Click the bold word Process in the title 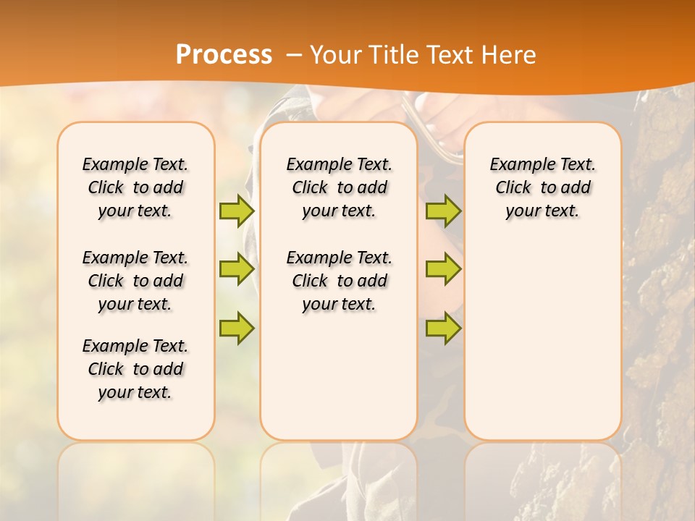point(224,55)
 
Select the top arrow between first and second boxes point(237,211)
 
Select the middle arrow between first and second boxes point(237,269)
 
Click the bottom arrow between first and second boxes point(237,328)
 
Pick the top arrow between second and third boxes point(443,211)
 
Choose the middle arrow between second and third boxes point(443,269)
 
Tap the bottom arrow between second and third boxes point(443,328)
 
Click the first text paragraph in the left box point(135,187)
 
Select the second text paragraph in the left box point(135,281)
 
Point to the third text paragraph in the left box point(135,369)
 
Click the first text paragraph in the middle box point(339,187)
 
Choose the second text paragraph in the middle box point(339,281)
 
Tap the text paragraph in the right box point(543,187)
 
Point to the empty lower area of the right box point(543,340)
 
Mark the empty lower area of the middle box point(339,376)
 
